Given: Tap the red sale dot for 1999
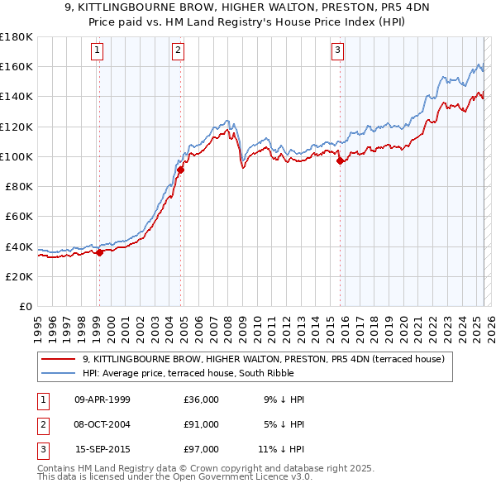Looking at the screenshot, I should tap(99, 253).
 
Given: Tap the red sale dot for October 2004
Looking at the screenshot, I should tap(179, 170).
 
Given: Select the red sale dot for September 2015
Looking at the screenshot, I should tap(340, 161).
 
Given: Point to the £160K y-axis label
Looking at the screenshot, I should tap(17, 67).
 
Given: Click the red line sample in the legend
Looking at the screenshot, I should tap(60, 359).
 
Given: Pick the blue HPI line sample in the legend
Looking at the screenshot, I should tap(60, 373).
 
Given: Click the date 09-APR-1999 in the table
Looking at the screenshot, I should tap(103, 399).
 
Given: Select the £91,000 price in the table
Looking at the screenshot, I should tap(201, 424).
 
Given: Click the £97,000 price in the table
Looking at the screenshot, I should tap(201, 449).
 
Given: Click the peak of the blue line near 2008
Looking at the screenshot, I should tap(227, 121).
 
